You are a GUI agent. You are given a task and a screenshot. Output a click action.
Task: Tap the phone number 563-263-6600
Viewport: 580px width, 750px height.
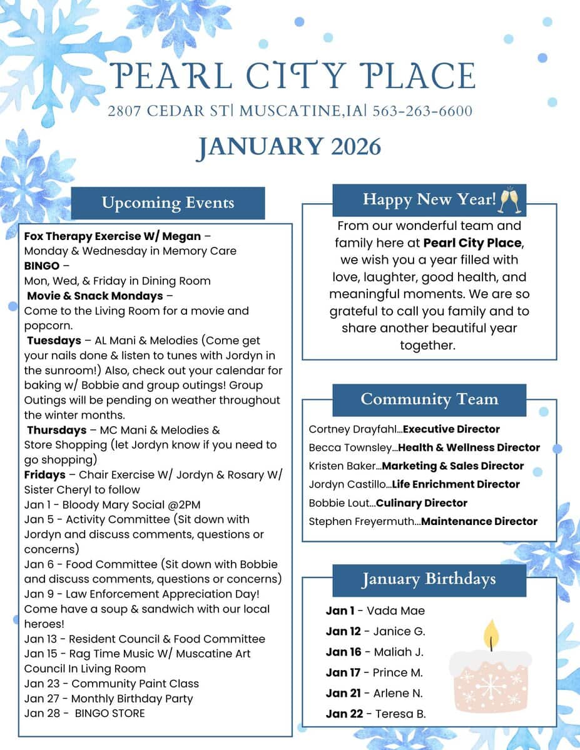(422, 112)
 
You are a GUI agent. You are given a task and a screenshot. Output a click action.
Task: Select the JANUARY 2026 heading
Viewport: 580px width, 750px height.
(288, 147)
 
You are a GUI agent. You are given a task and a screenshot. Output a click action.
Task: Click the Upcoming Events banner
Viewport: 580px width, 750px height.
(168, 203)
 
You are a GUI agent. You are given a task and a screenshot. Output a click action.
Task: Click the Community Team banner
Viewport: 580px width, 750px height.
(429, 399)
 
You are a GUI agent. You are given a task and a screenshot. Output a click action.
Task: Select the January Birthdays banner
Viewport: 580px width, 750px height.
(429, 579)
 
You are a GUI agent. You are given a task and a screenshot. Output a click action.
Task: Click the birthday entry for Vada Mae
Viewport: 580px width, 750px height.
(375, 611)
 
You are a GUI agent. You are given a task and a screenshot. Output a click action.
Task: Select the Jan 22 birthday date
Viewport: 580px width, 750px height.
(344, 714)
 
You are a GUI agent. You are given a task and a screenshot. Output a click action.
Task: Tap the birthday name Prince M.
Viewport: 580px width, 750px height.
(397, 672)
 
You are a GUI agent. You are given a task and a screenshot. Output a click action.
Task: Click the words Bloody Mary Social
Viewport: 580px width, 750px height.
(113, 504)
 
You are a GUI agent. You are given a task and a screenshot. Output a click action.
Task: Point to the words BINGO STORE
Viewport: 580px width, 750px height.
(109, 713)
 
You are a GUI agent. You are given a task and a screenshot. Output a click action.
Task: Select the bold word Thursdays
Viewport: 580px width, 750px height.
(56, 430)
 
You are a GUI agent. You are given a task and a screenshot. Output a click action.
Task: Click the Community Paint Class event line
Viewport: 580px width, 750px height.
(111, 683)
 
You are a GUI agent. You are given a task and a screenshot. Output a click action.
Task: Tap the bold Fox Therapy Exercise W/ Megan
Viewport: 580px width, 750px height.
(113, 236)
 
